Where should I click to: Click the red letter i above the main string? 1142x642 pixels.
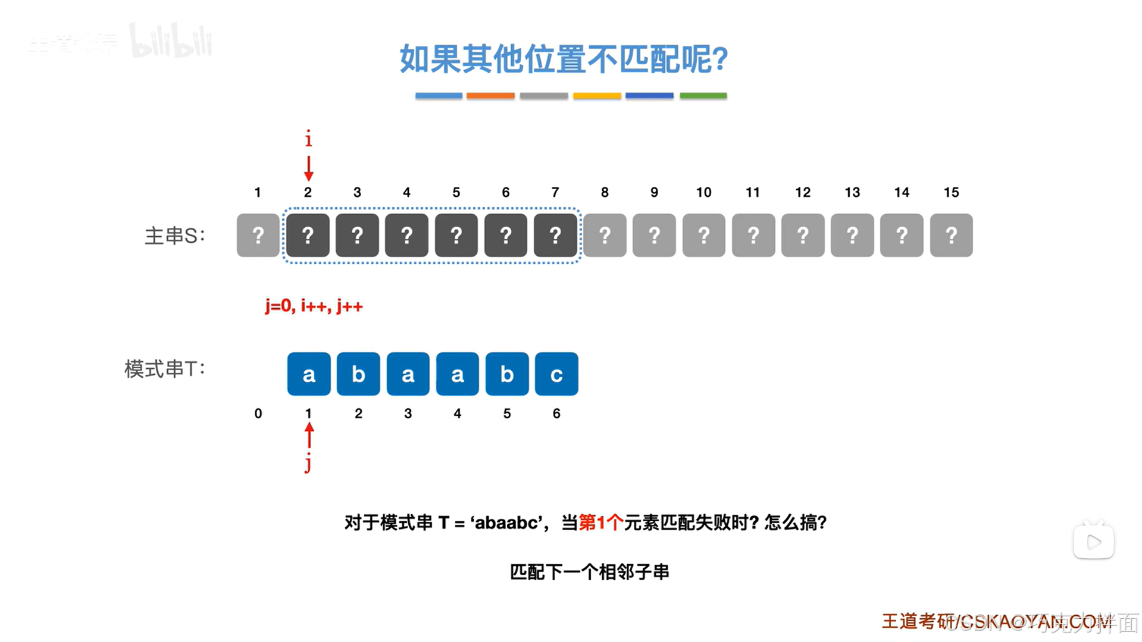[x=308, y=139]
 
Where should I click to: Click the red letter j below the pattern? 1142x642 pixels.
[x=308, y=462]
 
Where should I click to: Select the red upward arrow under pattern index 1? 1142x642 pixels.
[x=309, y=436]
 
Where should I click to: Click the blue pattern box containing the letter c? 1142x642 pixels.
[x=556, y=374]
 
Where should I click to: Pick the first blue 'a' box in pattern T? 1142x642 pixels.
[x=309, y=374]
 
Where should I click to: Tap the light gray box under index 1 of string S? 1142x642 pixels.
[x=258, y=236]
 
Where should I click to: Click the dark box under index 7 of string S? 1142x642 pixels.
[x=555, y=236]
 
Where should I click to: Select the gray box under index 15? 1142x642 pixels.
[x=951, y=236]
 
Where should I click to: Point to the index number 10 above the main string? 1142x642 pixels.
[x=703, y=192]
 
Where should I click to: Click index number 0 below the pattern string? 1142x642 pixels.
[x=258, y=414]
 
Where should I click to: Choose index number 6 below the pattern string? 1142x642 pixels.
[x=556, y=414]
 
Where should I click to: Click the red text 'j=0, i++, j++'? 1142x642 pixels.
[x=314, y=306]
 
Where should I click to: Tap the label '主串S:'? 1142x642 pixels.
[x=174, y=236]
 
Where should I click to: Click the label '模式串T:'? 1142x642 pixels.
[x=164, y=369]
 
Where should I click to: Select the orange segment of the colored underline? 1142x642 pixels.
[x=490, y=96]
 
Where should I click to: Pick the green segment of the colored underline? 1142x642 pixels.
[x=703, y=96]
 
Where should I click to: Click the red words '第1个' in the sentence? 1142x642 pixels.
[x=600, y=523]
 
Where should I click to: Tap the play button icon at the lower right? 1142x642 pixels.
[x=1093, y=542]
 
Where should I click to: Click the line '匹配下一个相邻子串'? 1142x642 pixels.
[x=589, y=572]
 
